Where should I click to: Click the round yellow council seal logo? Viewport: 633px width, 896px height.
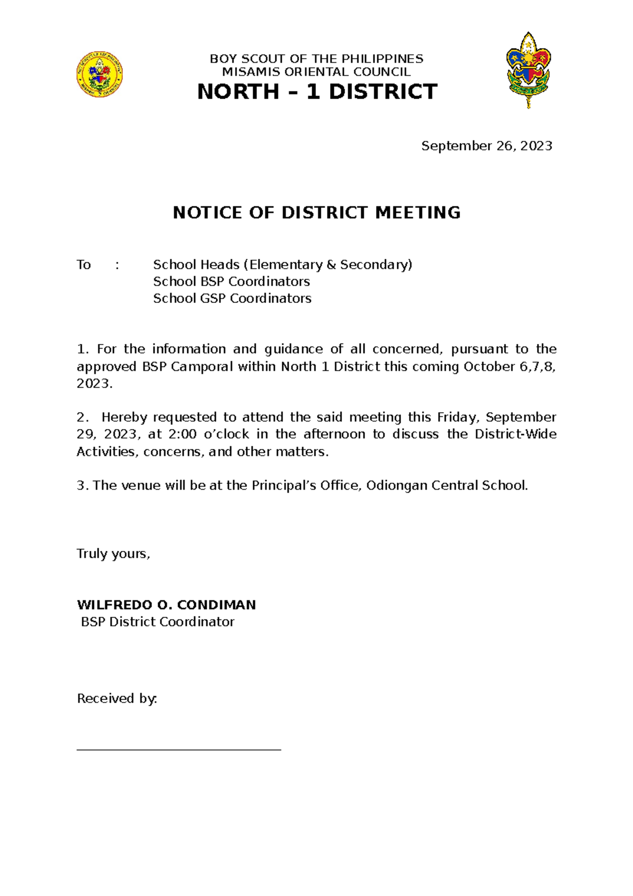click(x=100, y=74)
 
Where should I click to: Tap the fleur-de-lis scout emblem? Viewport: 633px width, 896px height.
click(x=528, y=70)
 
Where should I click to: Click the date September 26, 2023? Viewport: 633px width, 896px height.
click(x=486, y=146)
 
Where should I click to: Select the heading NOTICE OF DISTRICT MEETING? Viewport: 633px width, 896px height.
click(x=316, y=213)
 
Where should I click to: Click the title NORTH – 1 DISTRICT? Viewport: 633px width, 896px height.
click(x=316, y=92)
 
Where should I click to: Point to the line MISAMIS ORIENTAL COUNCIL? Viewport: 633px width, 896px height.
click(x=316, y=72)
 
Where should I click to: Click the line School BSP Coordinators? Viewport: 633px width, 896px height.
click(x=231, y=281)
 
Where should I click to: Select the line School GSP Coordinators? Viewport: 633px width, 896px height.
click(x=232, y=298)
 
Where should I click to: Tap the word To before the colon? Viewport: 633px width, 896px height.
click(x=84, y=264)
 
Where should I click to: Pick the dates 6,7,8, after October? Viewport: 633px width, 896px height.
click(x=538, y=366)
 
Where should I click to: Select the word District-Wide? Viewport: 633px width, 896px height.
click(x=515, y=434)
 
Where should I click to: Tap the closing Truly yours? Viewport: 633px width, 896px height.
click(x=113, y=554)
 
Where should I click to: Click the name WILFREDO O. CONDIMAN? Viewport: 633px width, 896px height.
click(x=166, y=605)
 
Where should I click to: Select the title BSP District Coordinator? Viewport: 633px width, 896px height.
click(x=157, y=622)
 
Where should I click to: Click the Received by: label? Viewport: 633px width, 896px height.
click(x=117, y=699)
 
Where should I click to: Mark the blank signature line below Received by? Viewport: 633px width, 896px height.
click(x=179, y=749)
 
